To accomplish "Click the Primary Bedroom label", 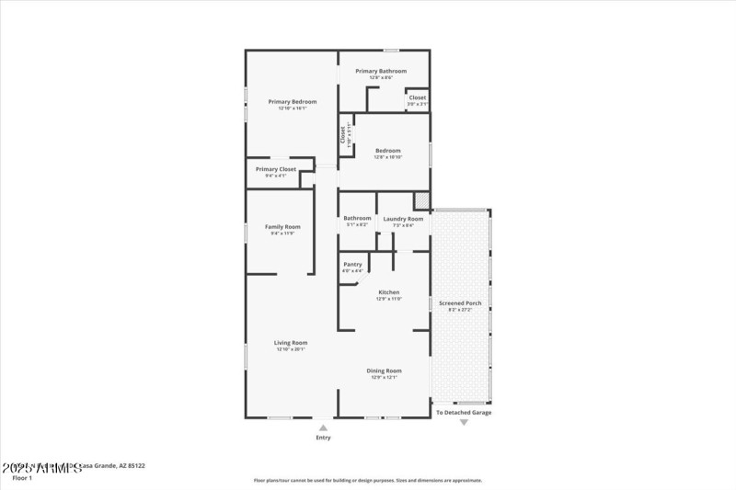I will pos(292,101).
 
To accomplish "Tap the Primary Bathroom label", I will pos(381,71).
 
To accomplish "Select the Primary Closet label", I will pos(276,169).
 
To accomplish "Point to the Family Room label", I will pos(282,226).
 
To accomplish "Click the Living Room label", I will pos(291,343).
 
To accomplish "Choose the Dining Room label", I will pos(385,370).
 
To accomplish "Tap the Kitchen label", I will pos(388,292).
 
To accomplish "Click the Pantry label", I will pos(352,265).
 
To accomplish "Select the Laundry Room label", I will pos(403,219).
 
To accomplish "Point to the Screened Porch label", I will pos(460,303).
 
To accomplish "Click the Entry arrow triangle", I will pos(323,427).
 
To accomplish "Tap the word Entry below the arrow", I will pos(323,438).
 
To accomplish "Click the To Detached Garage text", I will pos(464,413).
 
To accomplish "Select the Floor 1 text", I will pos(22,478).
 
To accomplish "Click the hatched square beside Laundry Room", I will pos(421,199).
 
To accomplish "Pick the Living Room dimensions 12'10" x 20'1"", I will pos(291,349).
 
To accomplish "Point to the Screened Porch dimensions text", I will pos(460,310).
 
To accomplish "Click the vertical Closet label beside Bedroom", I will pos(343,134).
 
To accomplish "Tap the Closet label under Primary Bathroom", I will pos(418,97).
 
